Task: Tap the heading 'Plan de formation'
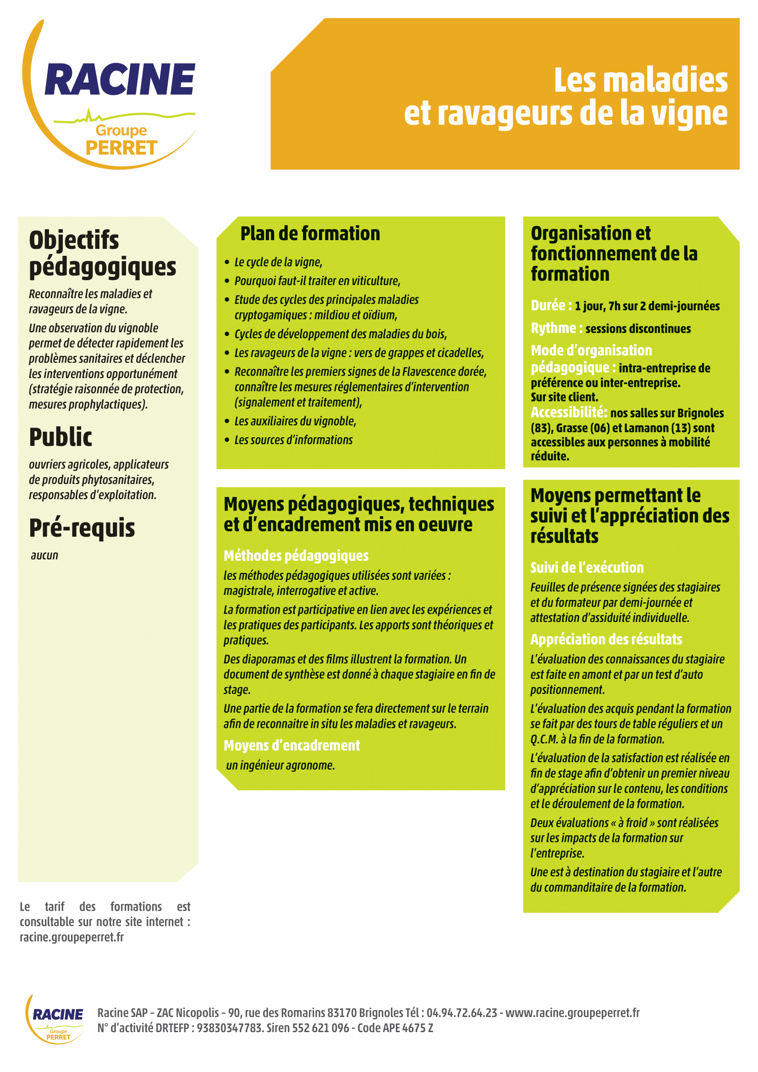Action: click(310, 234)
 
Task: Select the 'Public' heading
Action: click(60, 438)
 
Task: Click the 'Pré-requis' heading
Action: click(82, 528)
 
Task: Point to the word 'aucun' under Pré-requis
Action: click(45, 555)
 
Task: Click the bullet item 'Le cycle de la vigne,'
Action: click(278, 263)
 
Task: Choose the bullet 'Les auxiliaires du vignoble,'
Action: click(295, 422)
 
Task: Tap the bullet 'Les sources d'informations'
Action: click(294, 440)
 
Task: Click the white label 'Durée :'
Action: click(551, 306)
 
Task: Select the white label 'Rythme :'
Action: click(556, 328)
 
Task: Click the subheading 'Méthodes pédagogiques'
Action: click(296, 556)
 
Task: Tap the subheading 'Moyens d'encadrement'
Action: click(292, 746)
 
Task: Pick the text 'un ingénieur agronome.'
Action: click(280, 766)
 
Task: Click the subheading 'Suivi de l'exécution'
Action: click(587, 568)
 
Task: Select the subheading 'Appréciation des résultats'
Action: click(606, 640)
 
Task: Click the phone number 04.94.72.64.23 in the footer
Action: click(461, 1013)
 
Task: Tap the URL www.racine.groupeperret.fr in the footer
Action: click(572, 1013)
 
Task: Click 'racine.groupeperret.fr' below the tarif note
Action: click(71, 938)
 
